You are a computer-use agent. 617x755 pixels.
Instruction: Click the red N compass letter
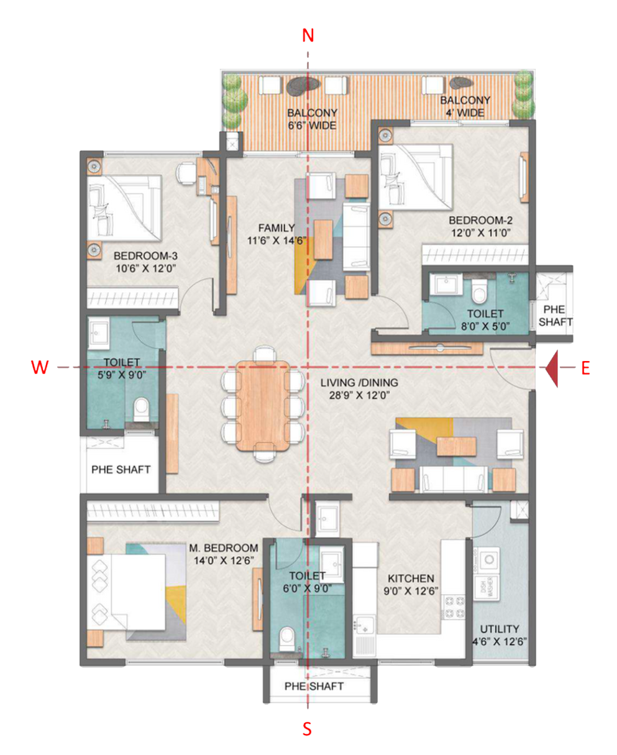click(x=308, y=35)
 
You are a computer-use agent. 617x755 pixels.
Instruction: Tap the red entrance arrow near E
click(x=552, y=368)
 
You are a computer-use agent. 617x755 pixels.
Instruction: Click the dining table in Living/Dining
click(x=263, y=405)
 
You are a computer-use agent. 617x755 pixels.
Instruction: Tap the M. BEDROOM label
click(x=224, y=547)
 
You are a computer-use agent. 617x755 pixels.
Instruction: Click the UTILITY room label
click(x=499, y=629)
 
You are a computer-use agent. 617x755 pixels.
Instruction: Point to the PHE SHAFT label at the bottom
click(x=314, y=686)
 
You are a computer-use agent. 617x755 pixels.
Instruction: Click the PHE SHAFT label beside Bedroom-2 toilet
click(x=554, y=315)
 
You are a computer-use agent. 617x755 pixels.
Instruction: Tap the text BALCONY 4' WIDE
click(x=465, y=106)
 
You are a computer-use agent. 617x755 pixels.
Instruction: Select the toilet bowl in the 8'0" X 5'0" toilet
click(x=477, y=289)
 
